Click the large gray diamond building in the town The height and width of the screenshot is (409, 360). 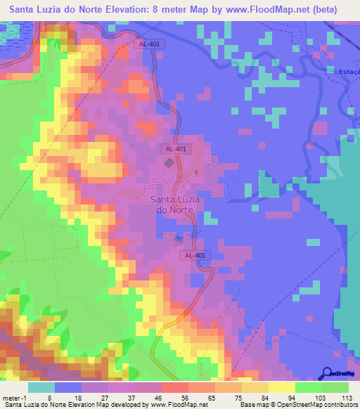click(x=169, y=163)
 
